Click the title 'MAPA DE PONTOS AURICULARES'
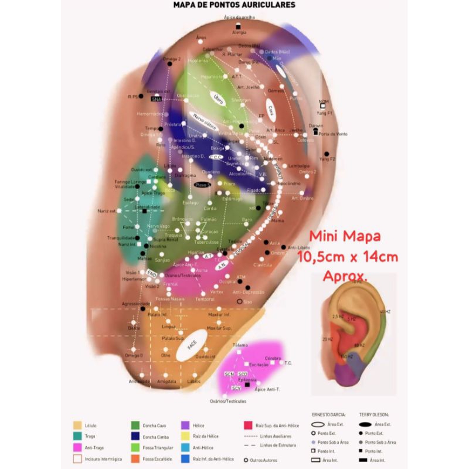[x=234, y=5]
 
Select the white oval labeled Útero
[x=217, y=100]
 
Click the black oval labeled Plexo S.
[x=204, y=185]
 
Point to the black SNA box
[x=156, y=99]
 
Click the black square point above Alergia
[x=239, y=27]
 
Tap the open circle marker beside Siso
[x=239, y=301]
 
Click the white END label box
[x=151, y=274]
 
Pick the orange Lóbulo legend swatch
[x=77, y=425]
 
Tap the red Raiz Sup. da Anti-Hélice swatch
[x=248, y=425]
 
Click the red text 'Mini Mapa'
[x=345, y=237]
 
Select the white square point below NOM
[x=322, y=106]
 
